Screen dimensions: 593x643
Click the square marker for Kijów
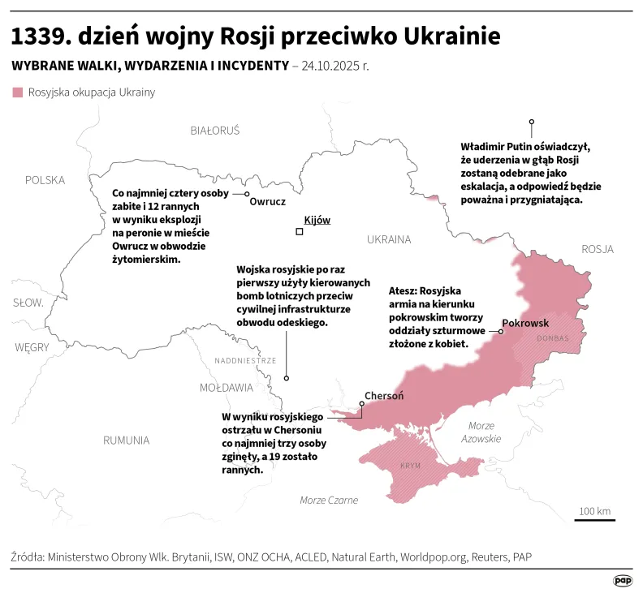300,232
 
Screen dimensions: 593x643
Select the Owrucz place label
268,201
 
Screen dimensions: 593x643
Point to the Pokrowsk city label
525,322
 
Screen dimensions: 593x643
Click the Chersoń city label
384,396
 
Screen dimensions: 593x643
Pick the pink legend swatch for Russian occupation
17,92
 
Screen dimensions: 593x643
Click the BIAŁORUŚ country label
215,130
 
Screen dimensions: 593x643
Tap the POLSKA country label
45,180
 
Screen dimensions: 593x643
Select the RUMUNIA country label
126,440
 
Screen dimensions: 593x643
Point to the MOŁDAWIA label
227,388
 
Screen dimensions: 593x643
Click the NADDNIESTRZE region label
245,361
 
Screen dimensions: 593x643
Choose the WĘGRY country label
32,347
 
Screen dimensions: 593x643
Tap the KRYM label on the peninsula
411,466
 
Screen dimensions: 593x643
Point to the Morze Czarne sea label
329,500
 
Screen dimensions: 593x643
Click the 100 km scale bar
594,519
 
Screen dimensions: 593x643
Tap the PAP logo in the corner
623,580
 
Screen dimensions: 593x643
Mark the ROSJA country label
597,249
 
